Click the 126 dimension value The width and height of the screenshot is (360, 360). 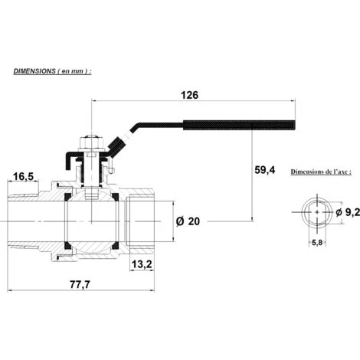[189, 95]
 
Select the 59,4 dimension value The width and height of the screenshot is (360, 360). [265, 170]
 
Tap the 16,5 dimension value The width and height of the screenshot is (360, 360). [23, 176]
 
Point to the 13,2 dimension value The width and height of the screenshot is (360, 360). [142, 264]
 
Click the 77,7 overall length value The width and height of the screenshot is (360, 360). [80, 284]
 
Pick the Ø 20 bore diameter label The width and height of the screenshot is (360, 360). [188, 221]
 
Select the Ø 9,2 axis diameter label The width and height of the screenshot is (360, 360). [348, 212]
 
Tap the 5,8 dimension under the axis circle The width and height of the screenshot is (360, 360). [317, 243]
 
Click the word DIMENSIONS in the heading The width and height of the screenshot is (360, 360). [34, 71]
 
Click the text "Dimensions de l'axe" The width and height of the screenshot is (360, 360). [319, 172]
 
